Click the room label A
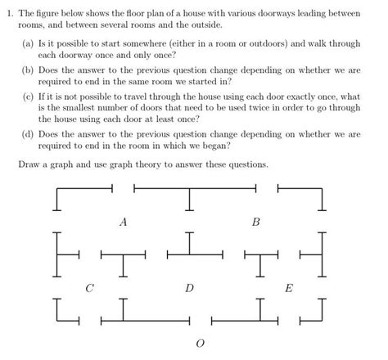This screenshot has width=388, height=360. click(x=124, y=222)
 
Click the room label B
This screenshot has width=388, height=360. click(x=255, y=222)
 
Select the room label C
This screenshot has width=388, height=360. click(x=89, y=288)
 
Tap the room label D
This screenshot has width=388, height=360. click(x=189, y=288)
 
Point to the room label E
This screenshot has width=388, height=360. click(x=287, y=288)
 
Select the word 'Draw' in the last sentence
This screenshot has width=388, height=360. click(x=29, y=164)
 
